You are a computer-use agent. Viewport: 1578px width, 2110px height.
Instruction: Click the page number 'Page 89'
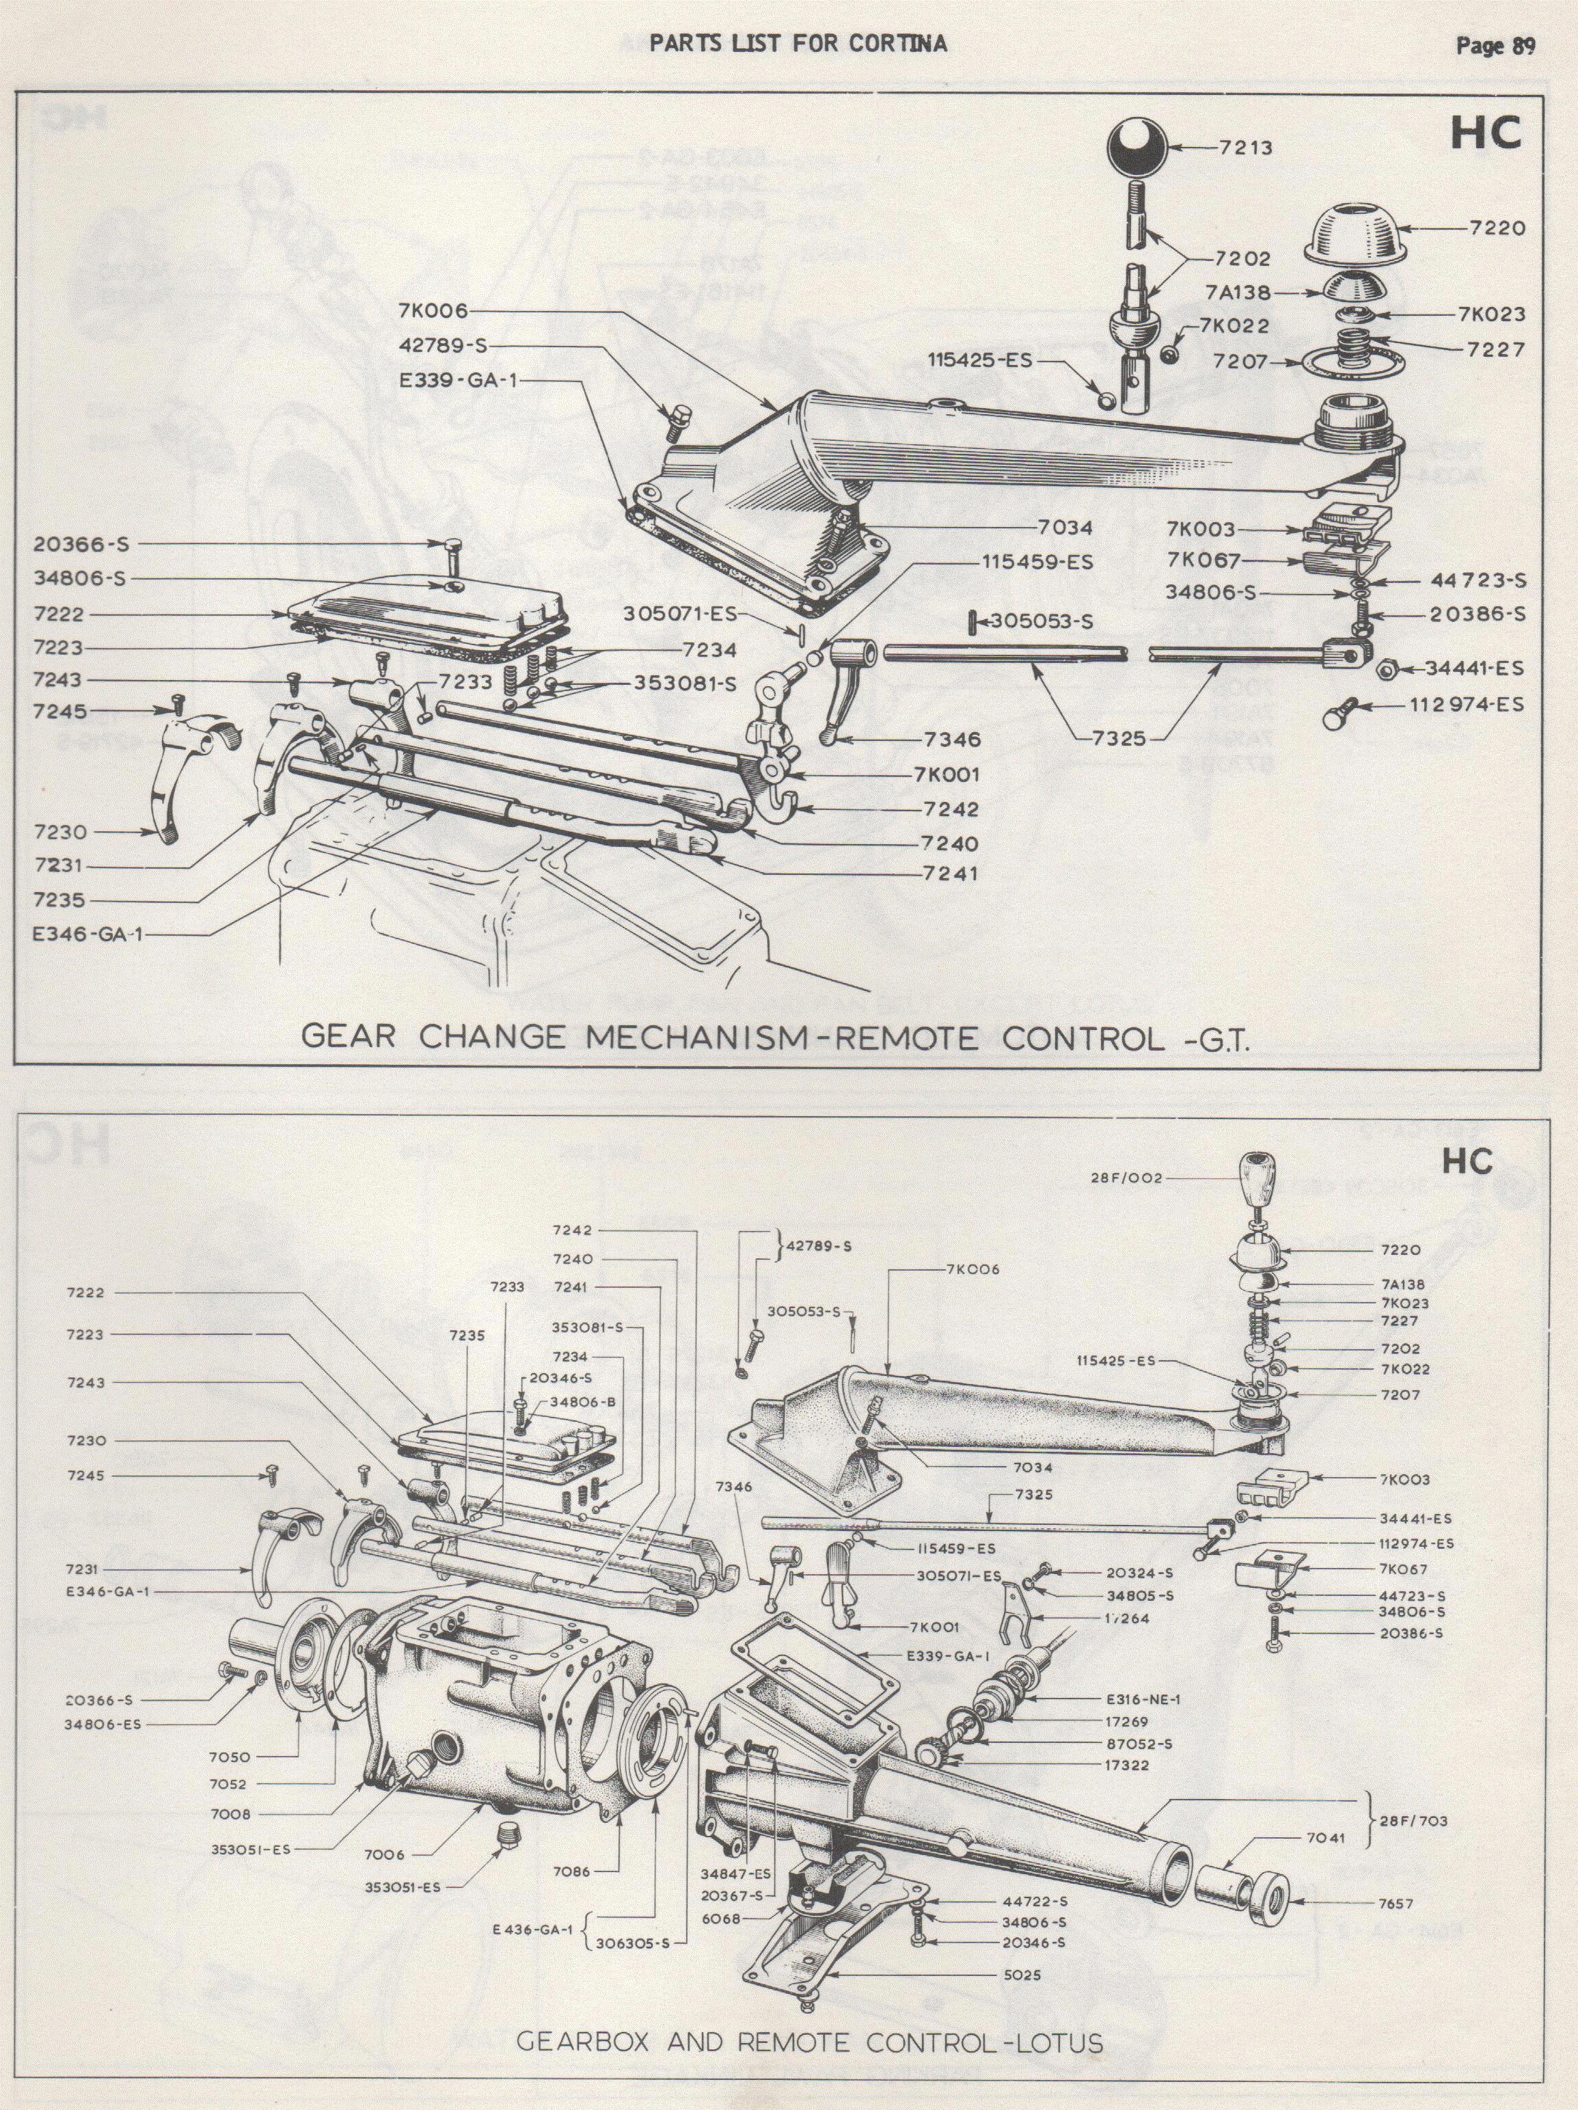[1495, 46]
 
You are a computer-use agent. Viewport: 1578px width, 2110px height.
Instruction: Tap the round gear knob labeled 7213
[1137, 148]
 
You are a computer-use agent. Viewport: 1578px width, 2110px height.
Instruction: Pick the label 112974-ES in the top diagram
[1467, 705]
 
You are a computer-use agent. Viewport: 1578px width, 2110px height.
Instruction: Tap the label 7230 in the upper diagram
[59, 832]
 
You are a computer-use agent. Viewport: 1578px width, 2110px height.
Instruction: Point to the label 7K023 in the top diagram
[1491, 314]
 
